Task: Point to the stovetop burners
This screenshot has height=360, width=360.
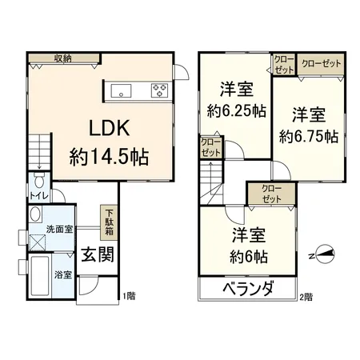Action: pos(157,88)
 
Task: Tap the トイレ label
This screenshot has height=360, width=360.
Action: pos(36,196)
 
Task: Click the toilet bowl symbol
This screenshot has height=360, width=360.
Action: pos(37,181)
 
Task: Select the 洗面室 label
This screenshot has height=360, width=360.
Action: pos(59,229)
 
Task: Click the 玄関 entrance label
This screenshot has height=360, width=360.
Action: pos(96,255)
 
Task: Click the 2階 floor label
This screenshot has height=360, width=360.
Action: pos(306,297)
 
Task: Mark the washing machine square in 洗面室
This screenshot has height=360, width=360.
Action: pos(38,241)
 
